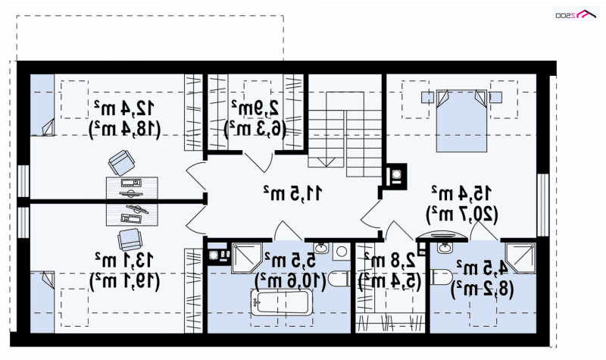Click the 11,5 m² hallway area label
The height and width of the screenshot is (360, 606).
[x=292, y=193]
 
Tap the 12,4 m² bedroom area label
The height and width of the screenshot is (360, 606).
[x=124, y=108]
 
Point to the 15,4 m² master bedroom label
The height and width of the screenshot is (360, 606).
[x=462, y=193]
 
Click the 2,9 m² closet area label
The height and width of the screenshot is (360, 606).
[x=255, y=108]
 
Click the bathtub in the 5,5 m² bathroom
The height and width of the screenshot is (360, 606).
[x=281, y=302]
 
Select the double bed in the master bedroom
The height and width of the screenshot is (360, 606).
[x=461, y=121]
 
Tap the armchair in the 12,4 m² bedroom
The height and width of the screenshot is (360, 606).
[x=122, y=163]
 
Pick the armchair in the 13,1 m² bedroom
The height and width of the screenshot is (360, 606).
[x=130, y=240]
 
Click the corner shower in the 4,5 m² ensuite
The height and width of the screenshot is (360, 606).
[x=520, y=258]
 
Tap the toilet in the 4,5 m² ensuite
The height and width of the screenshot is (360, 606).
[x=442, y=277]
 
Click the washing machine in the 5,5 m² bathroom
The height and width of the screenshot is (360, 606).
[x=340, y=252]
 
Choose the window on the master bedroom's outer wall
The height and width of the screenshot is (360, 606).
[x=543, y=205]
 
